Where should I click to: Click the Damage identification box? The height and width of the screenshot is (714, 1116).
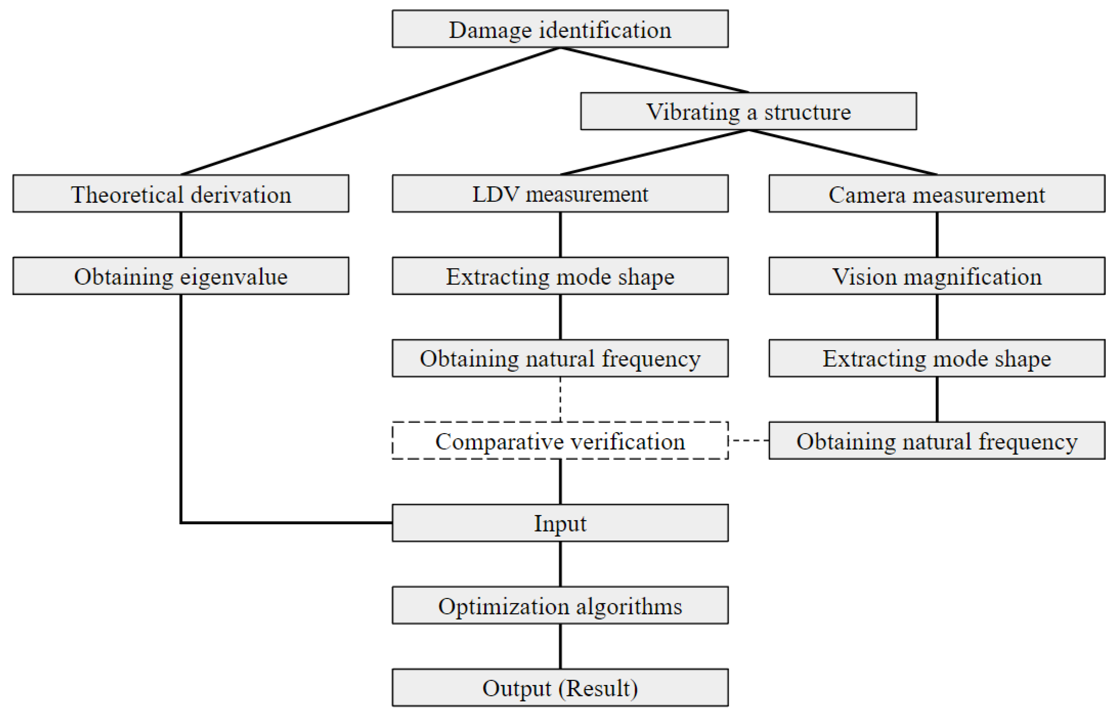(560, 29)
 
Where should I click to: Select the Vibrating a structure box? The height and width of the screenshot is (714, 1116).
(748, 112)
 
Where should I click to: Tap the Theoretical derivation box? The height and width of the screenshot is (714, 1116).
(181, 194)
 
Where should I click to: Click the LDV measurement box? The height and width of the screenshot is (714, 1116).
(560, 194)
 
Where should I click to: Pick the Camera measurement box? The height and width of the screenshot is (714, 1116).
(936, 194)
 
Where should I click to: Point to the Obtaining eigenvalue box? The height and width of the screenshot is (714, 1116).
(181, 276)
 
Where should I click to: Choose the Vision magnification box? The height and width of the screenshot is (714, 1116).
(936, 276)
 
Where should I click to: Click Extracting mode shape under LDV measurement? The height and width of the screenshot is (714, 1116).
(560, 276)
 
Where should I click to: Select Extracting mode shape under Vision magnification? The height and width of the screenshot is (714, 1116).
(936, 358)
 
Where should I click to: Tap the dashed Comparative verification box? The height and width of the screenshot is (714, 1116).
(560, 441)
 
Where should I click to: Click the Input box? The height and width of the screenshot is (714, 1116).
(560, 523)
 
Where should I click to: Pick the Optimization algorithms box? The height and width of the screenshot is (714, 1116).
(560, 605)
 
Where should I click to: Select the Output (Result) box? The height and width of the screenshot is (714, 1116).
(560, 688)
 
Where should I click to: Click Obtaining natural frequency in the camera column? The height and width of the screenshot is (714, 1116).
(936, 441)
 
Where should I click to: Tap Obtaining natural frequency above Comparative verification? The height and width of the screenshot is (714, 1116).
(560, 358)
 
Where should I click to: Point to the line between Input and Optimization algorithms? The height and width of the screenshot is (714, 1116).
(560, 564)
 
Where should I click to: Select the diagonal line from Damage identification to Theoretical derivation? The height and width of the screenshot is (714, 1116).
(371, 111)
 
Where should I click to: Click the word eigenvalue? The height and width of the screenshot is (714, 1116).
(234, 277)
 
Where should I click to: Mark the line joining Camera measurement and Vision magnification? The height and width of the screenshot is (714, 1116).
(937, 234)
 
